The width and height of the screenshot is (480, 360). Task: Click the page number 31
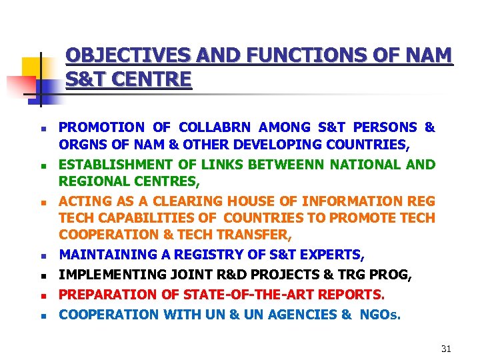tap(446, 349)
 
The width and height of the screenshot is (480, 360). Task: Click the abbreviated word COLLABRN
tap(212, 127)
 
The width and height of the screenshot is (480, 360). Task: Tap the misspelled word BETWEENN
tap(313, 165)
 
